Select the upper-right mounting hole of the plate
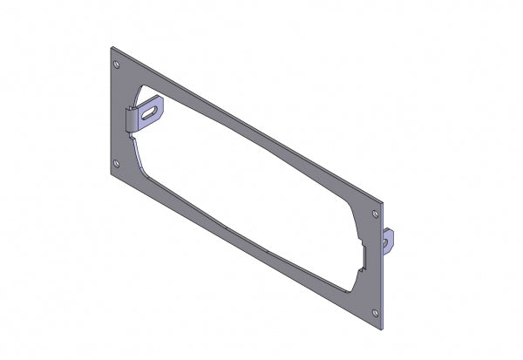pos(375,213)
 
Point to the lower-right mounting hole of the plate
pos(375,312)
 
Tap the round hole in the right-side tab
pos(391,235)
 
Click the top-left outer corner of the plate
pos(111,45)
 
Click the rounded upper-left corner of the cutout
pos(141,90)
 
